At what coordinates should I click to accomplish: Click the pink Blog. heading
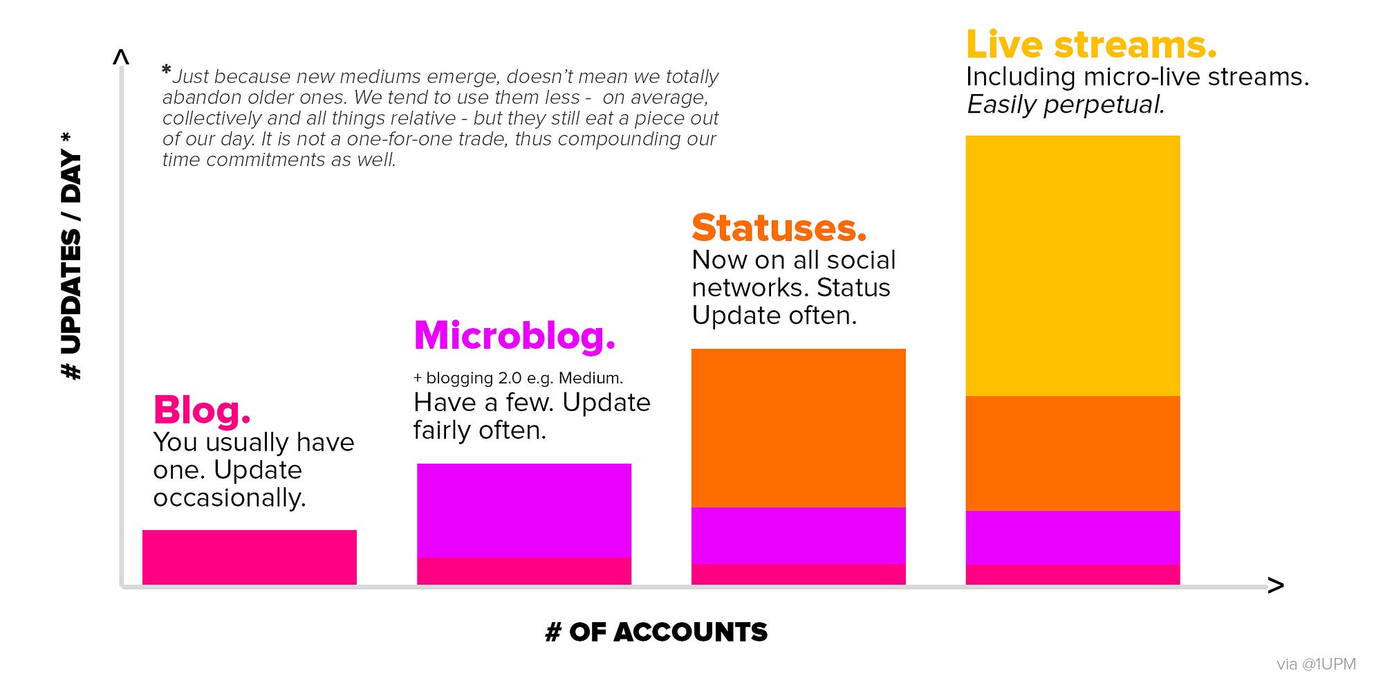(x=202, y=410)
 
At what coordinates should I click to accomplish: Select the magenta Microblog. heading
(x=514, y=336)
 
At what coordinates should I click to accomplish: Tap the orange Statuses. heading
(x=779, y=228)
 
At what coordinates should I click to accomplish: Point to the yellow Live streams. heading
(x=1091, y=44)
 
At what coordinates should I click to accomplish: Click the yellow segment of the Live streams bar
(x=1073, y=266)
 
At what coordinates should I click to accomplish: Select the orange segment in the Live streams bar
(x=1073, y=453)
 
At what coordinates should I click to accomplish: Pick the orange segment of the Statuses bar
(x=799, y=428)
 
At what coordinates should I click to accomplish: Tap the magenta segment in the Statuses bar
(x=799, y=536)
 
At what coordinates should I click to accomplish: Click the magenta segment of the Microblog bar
(x=524, y=511)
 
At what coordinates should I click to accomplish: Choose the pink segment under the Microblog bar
(x=524, y=572)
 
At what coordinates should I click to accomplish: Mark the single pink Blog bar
(x=250, y=558)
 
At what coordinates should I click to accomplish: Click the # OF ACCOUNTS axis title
(x=656, y=632)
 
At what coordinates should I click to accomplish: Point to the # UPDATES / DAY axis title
(x=72, y=256)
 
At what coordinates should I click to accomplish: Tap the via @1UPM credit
(x=1316, y=664)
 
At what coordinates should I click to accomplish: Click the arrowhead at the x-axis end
(x=1276, y=586)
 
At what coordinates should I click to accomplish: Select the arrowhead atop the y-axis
(x=121, y=57)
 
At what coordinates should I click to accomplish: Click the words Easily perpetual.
(x=1066, y=104)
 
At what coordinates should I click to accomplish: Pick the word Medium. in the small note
(x=591, y=378)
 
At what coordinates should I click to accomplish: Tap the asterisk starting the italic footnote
(x=166, y=69)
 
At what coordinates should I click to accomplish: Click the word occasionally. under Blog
(x=230, y=498)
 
